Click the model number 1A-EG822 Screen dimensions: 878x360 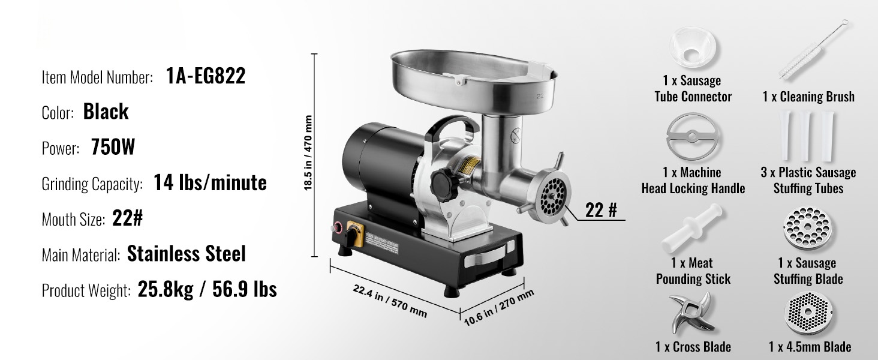click(206, 76)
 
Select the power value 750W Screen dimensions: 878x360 click(113, 147)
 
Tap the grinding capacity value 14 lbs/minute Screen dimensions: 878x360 click(210, 183)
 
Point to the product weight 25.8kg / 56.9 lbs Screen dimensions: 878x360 click(208, 289)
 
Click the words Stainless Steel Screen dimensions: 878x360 click(186, 254)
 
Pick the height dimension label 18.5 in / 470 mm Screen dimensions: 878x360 click(308, 153)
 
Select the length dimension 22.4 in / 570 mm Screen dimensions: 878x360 click(390, 301)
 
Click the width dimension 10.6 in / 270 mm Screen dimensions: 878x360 click(498, 308)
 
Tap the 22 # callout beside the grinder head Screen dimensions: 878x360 click(601, 210)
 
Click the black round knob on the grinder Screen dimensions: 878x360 click(444, 185)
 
